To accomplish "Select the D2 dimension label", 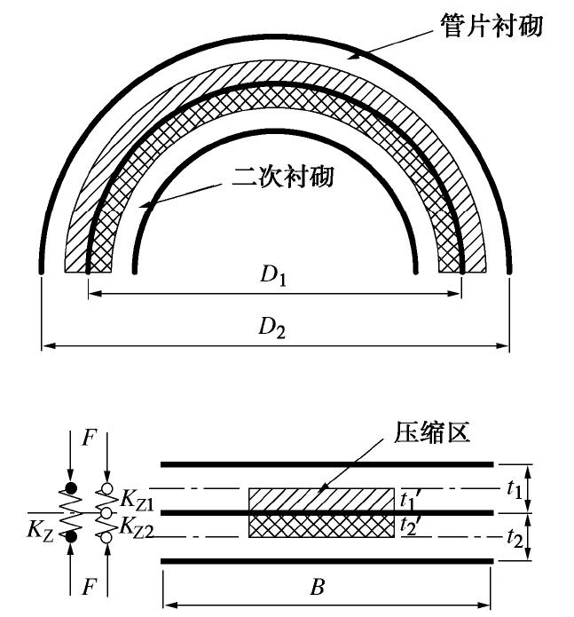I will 272,327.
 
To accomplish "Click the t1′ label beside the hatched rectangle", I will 410,499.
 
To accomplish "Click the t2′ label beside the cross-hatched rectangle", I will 410,524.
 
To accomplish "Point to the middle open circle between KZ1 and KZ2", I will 106,513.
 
